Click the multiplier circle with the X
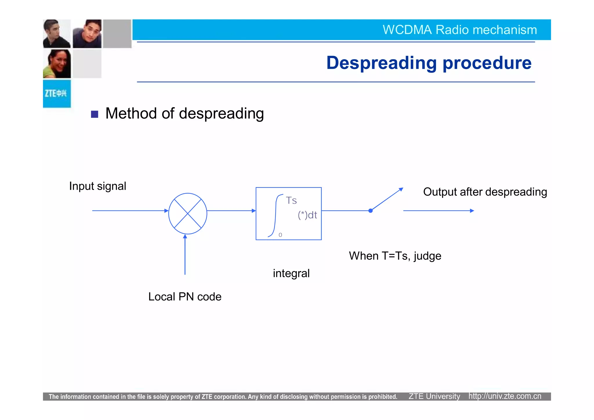188,213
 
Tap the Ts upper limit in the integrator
291,200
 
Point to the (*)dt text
307,215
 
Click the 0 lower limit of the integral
280,235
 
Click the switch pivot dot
370,211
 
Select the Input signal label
97,186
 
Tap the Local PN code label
185,297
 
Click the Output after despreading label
485,192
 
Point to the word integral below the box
291,273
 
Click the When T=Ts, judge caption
395,256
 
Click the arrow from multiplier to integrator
231,211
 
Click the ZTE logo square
57,94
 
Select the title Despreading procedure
429,63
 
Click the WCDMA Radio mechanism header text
460,30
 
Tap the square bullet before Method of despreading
95,114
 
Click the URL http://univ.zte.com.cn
505,396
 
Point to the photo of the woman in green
57,64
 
